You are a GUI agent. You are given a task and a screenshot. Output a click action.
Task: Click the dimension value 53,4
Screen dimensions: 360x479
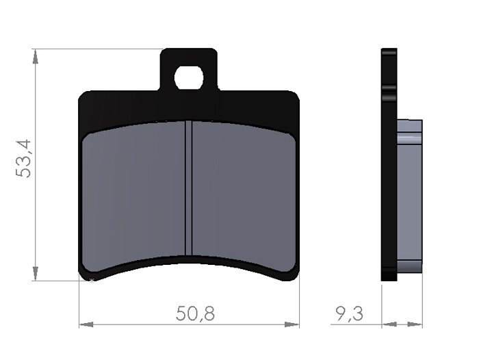[x=25, y=158]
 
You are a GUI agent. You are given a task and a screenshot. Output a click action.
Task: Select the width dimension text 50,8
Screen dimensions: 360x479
[x=195, y=314]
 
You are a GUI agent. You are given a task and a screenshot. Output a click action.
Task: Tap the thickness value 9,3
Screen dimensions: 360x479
[x=349, y=314]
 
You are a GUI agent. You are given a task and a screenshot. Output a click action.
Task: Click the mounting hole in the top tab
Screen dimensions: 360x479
[x=189, y=78]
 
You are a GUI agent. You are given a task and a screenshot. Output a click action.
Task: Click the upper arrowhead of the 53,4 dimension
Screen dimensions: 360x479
[x=34, y=55]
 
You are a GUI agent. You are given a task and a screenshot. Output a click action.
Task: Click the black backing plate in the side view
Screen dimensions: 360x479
[x=389, y=164]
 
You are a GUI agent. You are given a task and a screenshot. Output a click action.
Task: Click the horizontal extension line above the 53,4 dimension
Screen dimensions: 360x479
[x=96, y=49]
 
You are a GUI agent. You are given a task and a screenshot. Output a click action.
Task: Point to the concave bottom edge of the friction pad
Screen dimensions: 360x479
[x=189, y=259]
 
